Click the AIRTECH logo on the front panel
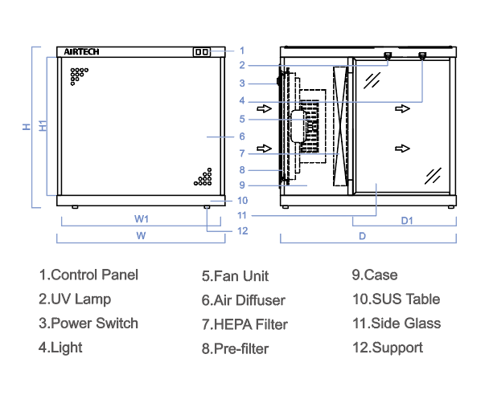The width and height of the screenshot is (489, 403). click(x=81, y=51)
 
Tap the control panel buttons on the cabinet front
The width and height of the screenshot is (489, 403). click(x=201, y=52)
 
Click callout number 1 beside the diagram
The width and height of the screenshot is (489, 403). click(x=242, y=51)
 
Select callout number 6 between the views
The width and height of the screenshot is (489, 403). click(x=241, y=136)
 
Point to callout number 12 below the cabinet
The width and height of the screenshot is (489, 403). click(x=242, y=231)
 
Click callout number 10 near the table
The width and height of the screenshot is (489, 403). click(x=242, y=200)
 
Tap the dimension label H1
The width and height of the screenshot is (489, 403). click(x=43, y=125)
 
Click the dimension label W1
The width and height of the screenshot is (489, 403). click(x=142, y=218)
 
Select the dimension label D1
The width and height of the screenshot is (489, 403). click(x=407, y=220)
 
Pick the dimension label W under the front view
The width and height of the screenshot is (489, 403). click(x=141, y=236)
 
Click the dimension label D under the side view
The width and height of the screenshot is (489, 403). click(x=363, y=236)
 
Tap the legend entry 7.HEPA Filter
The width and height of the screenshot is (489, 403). click(x=244, y=324)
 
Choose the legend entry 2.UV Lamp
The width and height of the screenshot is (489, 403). click(x=75, y=299)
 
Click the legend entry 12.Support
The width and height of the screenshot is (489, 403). click(x=387, y=348)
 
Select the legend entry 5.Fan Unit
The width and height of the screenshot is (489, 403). click(x=235, y=276)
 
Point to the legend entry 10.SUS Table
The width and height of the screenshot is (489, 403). click(x=396, y=299)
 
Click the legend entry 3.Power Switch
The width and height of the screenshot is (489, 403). click(x=88, y=324)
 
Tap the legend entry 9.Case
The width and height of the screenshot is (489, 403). click(x=375, y=275)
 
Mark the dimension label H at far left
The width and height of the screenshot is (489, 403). click(x=26, y=126)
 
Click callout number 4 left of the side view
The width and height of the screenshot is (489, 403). click(x=241, y=101)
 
